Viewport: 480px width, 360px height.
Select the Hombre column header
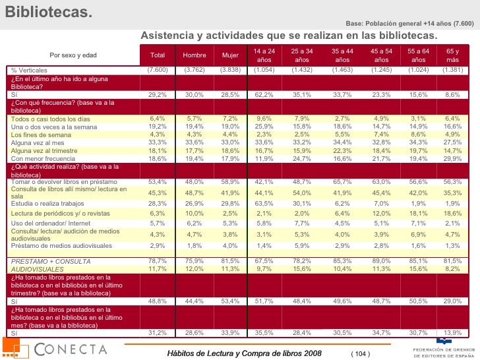click(x=194, y=55)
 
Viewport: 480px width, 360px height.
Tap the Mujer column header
click(x=230, y=55)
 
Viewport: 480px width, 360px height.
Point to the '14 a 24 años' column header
click(x=264, y=55)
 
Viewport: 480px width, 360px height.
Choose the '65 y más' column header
click(x=453, y=55)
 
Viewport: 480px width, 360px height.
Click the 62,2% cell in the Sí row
click(x=264, y=95)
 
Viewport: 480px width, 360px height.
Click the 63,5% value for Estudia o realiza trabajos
click(x=264, y=204)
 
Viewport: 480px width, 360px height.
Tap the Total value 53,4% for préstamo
click(x=158, y=182)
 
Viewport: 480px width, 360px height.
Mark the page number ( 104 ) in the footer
click(x=361, y=354)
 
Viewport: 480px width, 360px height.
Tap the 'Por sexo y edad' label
click(x=73, y=55)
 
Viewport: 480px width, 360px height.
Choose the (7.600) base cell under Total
click(x=158, y=70)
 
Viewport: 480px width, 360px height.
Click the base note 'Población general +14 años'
click(x=409, y=24)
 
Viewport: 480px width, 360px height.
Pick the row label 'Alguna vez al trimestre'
click(x=42, y=150)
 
